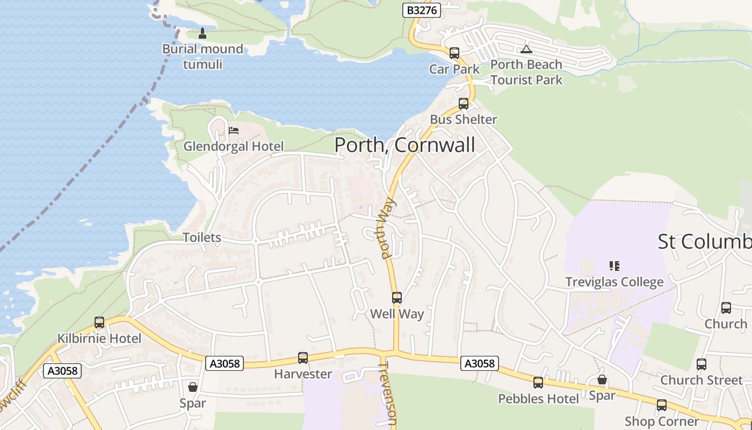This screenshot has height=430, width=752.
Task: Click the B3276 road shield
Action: (422, 10)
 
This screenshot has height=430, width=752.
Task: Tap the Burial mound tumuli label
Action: (203, 56)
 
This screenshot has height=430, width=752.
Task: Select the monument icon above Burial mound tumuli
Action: (203, 33)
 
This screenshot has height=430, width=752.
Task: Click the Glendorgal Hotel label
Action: (233, 146)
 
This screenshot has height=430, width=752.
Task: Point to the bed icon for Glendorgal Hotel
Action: (233, 130)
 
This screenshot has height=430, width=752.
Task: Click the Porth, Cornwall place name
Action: (404, 145)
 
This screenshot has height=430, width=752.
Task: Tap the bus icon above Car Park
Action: (454, 53)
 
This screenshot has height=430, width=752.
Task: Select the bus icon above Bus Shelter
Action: (464, 103)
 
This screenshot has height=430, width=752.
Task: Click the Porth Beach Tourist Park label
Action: (526, 72)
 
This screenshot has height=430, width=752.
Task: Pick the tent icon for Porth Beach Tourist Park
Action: (526, 49)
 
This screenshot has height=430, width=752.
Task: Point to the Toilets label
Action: (202, 237)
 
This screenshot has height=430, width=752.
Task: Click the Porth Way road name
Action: (388, 229)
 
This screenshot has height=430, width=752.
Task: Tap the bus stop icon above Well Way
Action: (397, 298)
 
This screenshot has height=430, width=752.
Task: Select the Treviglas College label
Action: (614, 282)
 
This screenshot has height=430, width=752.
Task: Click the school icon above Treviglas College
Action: (614, 266)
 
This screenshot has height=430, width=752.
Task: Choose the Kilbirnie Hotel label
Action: (99, 339)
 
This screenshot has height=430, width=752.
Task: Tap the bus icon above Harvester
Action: (303, 358)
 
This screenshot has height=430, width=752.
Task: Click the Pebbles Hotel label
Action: (538, 399)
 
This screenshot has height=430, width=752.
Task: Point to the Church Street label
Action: (701, 380)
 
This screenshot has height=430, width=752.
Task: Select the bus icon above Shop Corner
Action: (662, 405)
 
